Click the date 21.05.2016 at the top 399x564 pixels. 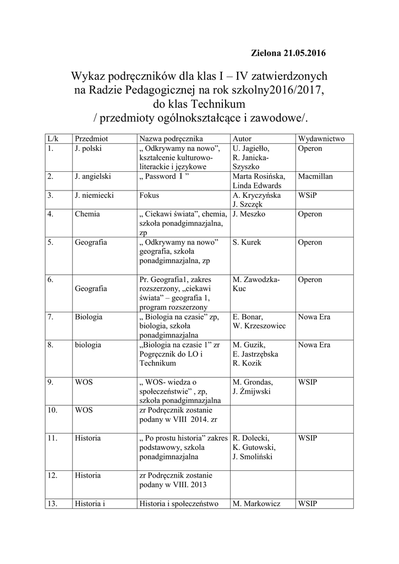304,53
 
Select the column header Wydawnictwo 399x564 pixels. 321,139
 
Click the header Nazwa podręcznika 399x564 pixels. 171,139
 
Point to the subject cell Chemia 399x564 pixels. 87,214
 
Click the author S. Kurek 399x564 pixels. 247,242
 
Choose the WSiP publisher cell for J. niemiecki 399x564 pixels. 308,195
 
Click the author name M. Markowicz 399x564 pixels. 257,503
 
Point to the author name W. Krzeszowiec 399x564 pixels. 259,326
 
